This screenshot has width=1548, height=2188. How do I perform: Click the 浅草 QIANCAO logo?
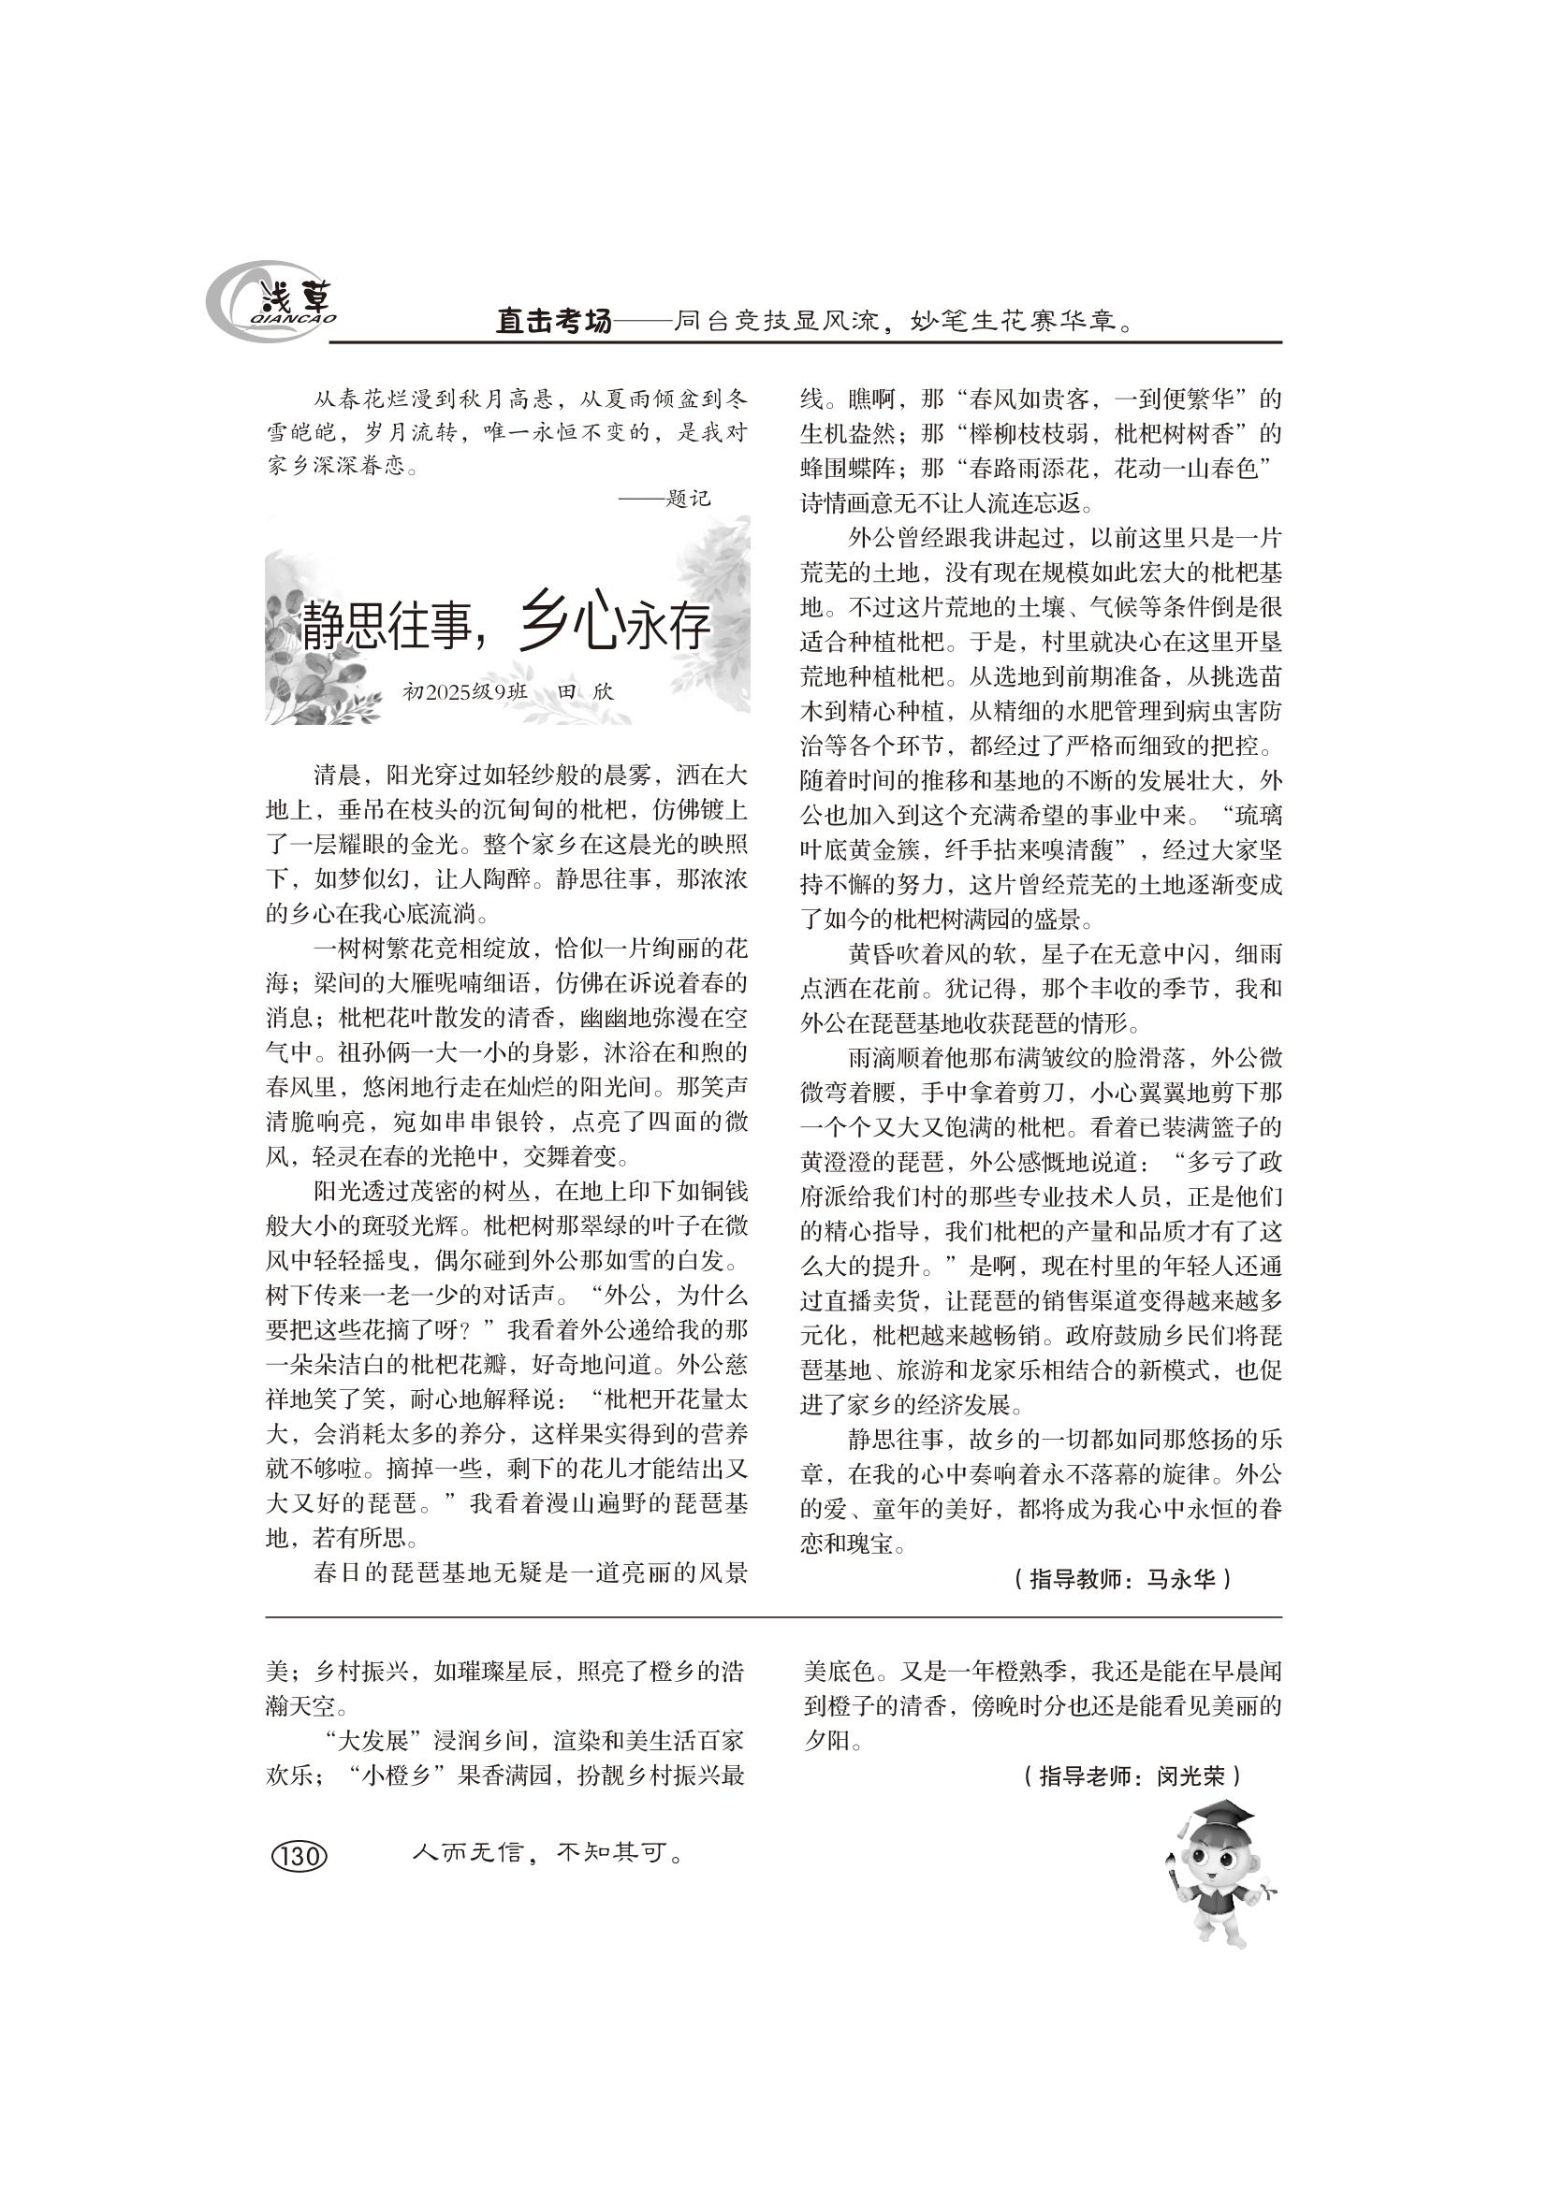point(271,303)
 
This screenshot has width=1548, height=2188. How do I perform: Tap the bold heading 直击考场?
point(553,322)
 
